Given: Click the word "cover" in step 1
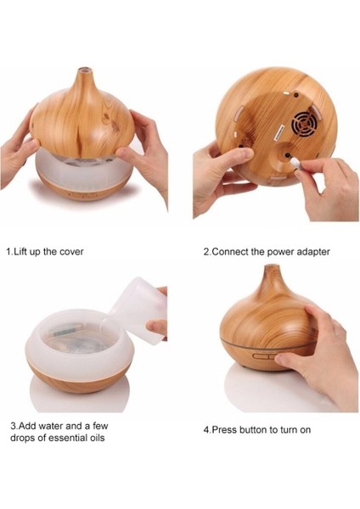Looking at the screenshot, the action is pos(71,252).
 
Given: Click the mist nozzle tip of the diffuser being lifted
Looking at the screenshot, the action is pos(84,70).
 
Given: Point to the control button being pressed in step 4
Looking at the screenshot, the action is pos(267,356).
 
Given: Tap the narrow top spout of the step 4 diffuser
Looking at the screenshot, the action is pos(272,271).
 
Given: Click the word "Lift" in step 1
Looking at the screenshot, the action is pos(20,252).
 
